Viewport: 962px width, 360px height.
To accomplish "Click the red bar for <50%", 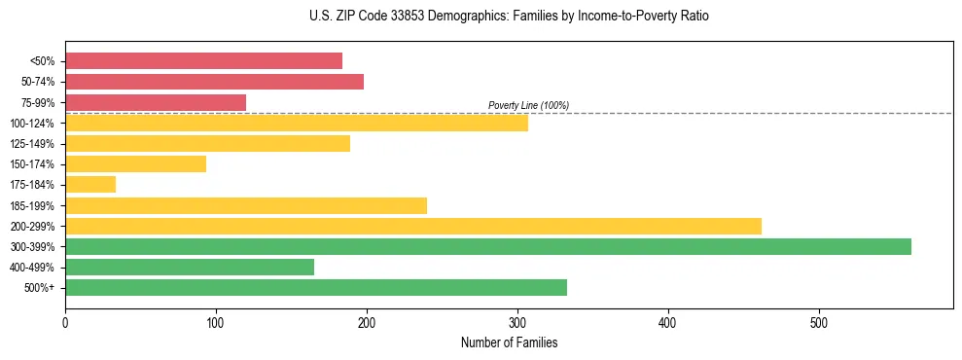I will click(x=203, y=60).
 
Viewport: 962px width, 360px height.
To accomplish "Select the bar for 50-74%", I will click(x=214, y=82).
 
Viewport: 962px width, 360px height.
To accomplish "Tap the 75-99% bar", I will click(x=156, y=102).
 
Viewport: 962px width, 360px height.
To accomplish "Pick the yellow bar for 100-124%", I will click(x=297, y=123).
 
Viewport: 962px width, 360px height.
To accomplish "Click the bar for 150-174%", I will click(x=135, y=164).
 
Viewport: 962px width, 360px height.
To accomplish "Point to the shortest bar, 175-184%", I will click(x=90, y=185).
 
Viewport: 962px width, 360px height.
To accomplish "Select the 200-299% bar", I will click(x=413, y=227).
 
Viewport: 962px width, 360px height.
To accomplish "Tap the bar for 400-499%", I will click(x=190, y=268).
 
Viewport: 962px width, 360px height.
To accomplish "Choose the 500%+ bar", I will click(x=316, y=288).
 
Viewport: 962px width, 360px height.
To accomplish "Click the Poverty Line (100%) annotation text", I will click(x=528, y=105).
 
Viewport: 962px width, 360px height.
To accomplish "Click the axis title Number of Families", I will click(x=509, y=342).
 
